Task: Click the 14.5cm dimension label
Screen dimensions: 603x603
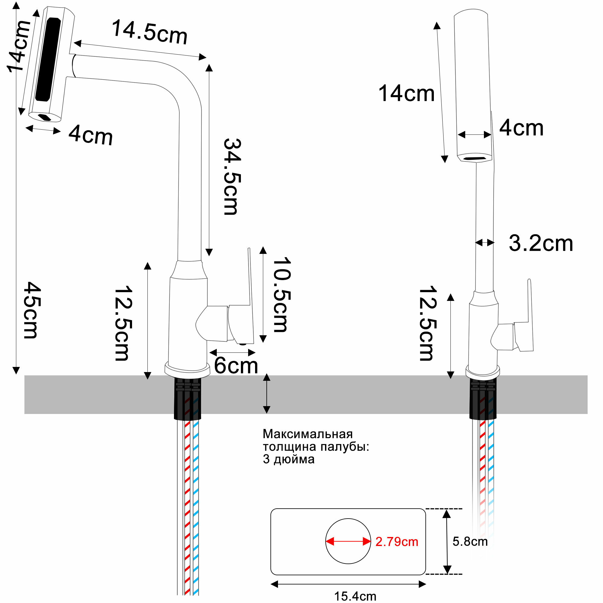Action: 150,32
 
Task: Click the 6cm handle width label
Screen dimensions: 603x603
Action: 236,365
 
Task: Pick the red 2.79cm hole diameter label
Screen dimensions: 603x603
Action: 396,541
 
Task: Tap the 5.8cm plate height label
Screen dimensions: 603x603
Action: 470,541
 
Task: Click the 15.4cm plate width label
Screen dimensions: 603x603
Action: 355,596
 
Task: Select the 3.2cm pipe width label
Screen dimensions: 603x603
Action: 541,243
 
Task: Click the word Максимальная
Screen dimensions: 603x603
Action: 308,434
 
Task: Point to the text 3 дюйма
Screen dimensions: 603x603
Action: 289,459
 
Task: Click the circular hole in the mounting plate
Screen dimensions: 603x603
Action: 348,527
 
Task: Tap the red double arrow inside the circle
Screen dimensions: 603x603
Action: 348,541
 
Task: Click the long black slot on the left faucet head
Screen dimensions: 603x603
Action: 48,59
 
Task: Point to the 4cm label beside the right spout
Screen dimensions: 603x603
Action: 522,128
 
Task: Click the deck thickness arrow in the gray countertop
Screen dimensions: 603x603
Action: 267,393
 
